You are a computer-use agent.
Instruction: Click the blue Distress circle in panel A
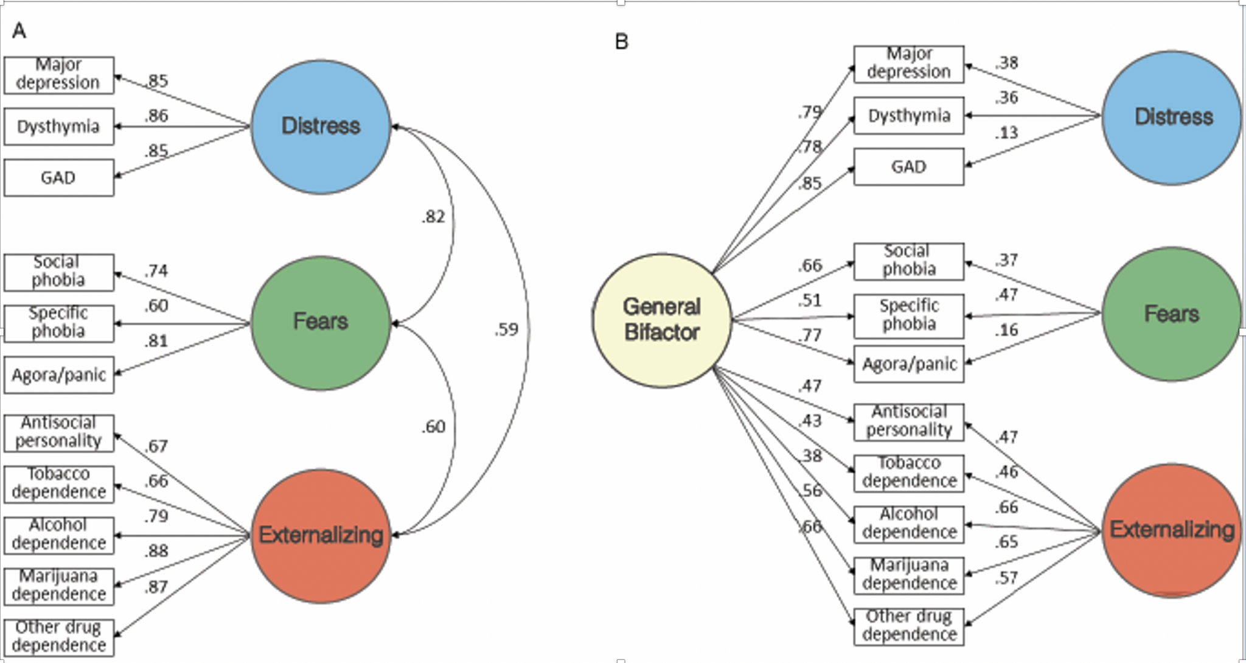321,127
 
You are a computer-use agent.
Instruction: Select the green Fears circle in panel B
1171,314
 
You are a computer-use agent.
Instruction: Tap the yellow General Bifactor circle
662,320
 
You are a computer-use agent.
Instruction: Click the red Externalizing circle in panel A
321,536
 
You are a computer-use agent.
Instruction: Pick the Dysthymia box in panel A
58,127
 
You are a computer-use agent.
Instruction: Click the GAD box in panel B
908,167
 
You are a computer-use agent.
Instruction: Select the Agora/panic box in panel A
58,375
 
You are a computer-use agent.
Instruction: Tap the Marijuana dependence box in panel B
908,575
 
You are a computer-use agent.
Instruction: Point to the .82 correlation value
433,217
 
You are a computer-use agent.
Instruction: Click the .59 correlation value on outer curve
506,330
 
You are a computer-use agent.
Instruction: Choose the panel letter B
621,42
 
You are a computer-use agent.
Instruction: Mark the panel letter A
19,30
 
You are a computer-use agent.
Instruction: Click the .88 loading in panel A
156,551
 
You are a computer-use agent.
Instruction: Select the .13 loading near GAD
1006,133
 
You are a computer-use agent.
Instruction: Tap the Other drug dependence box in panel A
58,637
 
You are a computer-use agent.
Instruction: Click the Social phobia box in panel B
908,261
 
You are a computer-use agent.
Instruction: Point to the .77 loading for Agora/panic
810,335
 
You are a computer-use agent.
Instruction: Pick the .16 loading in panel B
1006,330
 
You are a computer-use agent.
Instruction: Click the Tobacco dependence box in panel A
58,483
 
